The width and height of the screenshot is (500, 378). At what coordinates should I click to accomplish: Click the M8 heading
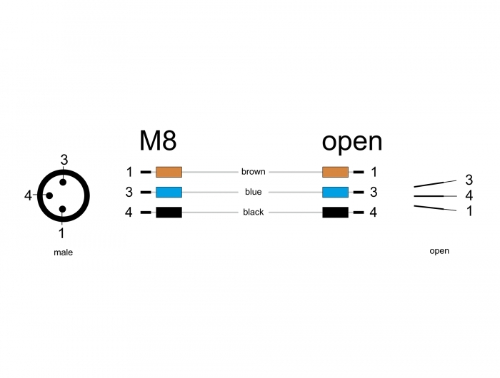158,141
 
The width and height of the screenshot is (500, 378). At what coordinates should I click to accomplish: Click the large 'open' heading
351,143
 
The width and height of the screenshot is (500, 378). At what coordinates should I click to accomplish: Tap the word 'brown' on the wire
253,172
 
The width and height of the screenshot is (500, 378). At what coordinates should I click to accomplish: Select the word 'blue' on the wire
253,192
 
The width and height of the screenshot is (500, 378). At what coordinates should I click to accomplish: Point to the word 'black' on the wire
253,212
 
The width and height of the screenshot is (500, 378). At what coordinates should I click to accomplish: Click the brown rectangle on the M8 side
169,172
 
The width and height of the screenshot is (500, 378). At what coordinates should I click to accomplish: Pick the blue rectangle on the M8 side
169,192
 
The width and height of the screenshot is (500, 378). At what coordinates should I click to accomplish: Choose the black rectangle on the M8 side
169,213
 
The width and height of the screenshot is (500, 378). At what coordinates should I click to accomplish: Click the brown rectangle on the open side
335,172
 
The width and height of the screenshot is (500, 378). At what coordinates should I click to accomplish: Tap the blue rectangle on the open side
335,192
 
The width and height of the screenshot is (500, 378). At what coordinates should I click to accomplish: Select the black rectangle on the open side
335,213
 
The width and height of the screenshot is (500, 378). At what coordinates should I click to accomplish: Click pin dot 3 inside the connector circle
63,182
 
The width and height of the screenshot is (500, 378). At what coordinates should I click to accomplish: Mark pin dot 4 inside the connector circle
49,195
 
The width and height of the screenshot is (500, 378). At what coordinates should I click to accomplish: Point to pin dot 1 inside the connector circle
63,209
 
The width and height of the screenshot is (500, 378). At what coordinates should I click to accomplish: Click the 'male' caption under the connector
63,252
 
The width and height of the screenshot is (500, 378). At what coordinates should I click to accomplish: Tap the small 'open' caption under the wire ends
439,251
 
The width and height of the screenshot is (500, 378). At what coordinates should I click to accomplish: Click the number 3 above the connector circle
64,160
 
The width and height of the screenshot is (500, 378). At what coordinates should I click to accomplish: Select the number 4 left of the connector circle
28,195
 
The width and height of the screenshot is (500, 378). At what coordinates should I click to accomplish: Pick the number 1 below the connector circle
61,233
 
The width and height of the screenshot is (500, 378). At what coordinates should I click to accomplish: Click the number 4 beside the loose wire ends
469,195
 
